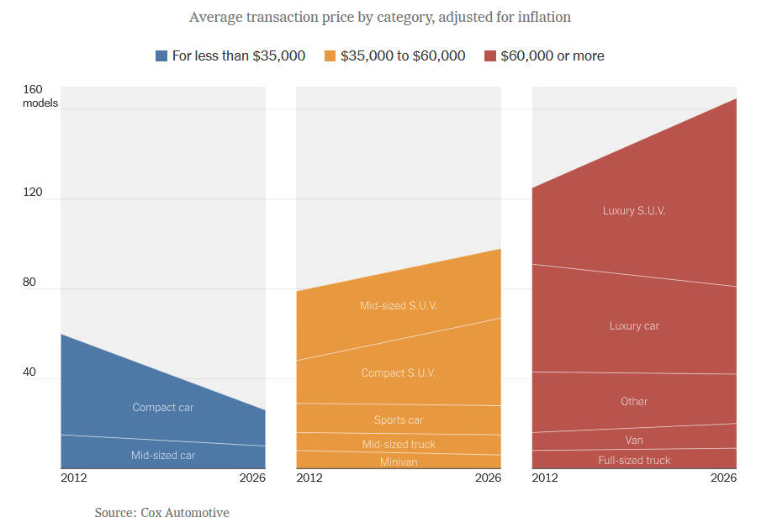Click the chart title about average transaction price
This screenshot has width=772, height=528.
click(x=380, y=17)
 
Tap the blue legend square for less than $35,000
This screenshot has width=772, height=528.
click(x=161, y=56)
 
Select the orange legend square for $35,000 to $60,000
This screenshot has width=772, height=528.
click(x=330, y=56)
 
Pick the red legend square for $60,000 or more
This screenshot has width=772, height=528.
click(x=489, y=56)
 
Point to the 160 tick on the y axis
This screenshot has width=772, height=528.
click(x=33, y=90)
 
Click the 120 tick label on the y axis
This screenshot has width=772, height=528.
click(x=33, y=192)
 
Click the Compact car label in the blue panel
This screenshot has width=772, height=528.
click(x=163, y=408)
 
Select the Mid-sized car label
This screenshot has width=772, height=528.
click(x=163, y=456)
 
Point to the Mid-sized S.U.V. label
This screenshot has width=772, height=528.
click(x=399, y=306)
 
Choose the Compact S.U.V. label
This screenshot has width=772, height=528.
click(x=399, y=373)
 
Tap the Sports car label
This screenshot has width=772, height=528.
click(x=399, y=420)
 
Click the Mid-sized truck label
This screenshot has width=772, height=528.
click(x=399, y=445)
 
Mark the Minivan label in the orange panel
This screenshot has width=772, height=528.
click(x=399, y=462)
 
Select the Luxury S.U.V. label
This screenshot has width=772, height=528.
click(x=634, y=211)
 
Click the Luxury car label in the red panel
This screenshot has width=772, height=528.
click(x=634, y=326)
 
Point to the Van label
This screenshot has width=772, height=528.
click(x=634, y=441)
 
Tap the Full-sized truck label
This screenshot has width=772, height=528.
click(x=634, y=461)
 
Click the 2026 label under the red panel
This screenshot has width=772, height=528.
click(x=723, y=478)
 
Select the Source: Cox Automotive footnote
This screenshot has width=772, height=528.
click(x=161, y=513)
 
